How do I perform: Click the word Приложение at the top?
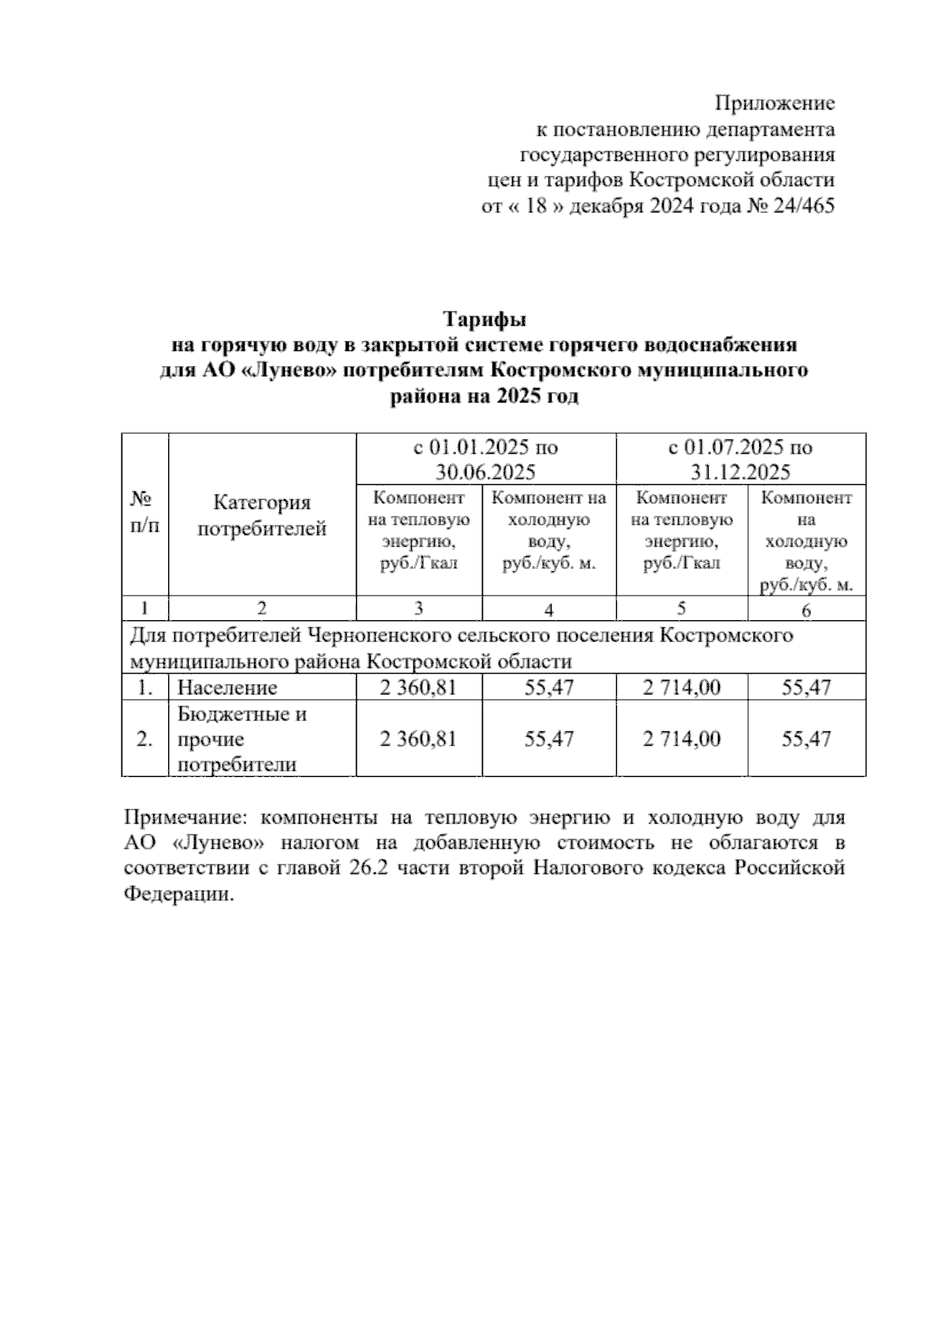point(774,103)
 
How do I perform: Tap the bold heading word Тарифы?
point(484,320)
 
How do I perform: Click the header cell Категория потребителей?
point(262,515)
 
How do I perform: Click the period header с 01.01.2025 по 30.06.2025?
point(485,459)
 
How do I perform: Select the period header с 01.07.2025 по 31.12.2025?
point(740,459)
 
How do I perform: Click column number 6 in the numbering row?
point(806,609)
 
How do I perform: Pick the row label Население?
point(227,687)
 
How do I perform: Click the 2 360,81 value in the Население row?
point(418,687)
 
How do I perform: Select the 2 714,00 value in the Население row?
point(681,687)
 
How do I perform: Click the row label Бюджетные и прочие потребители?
point(242,739)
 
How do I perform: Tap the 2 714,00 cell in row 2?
point(681,739)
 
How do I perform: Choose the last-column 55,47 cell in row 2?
point(806,739)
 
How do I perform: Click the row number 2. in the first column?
point(145,740)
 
